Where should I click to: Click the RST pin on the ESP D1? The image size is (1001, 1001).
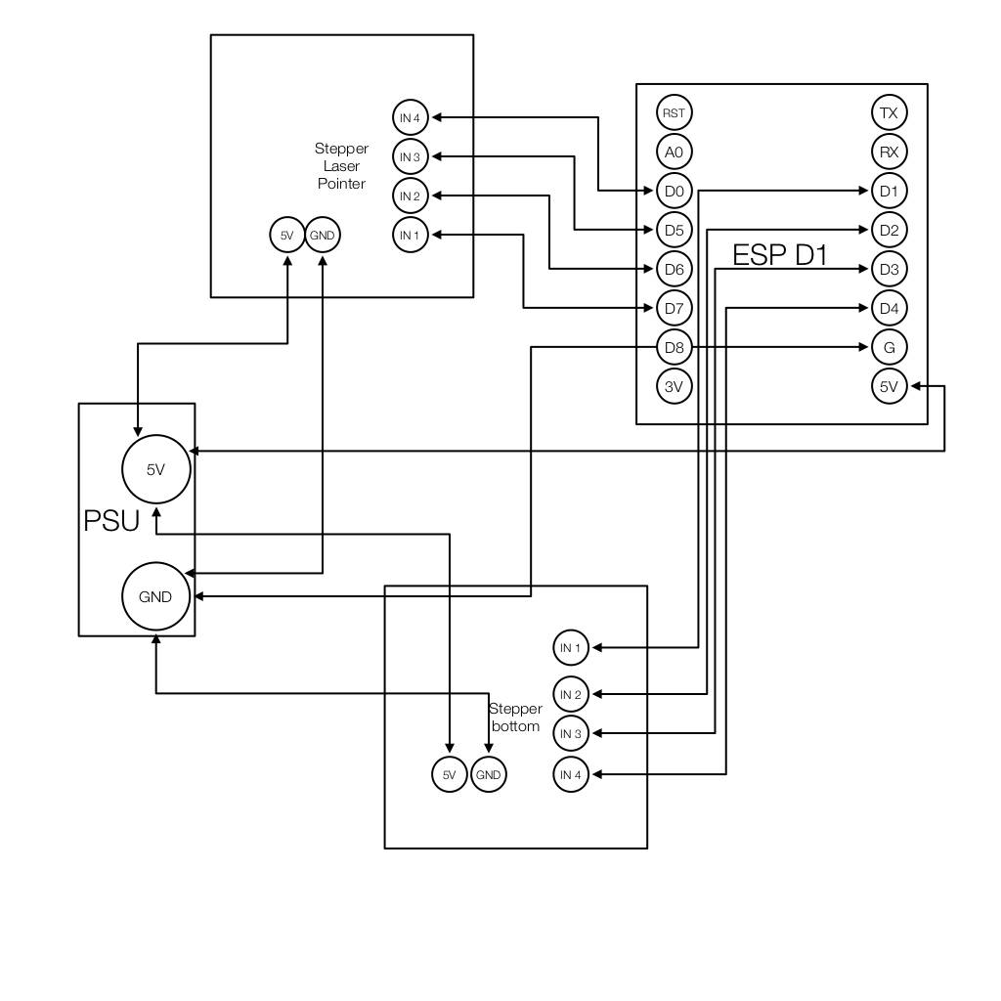tap(674, 112)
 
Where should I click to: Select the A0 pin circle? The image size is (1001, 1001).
tap(674, 152)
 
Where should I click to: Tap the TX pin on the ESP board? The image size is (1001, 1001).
tap(889, 112)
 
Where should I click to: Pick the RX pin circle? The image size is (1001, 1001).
tap(889, 152)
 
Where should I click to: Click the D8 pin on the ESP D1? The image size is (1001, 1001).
tap(674, 347)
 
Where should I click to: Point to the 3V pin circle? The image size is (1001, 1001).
tap(674, 386)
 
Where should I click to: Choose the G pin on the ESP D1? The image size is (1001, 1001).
tap(889, 347)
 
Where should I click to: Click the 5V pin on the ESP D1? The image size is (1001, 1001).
tap(889, 386)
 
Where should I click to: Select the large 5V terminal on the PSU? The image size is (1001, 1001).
tap(155, 469)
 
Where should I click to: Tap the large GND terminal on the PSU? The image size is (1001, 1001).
tap(155, 596)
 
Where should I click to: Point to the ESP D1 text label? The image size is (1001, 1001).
tap(780, 256)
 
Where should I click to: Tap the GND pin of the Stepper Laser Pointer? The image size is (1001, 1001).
tap(322, 235)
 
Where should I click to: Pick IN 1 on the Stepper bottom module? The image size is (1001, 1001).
tap(571, 647)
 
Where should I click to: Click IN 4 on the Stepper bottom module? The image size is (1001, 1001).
tap(571, 775)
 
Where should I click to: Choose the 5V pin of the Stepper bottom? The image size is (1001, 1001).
tap(449, 775)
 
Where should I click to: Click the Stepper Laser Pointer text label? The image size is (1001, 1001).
tap(341, 166)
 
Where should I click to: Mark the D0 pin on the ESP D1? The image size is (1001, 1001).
tap(674, 190)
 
